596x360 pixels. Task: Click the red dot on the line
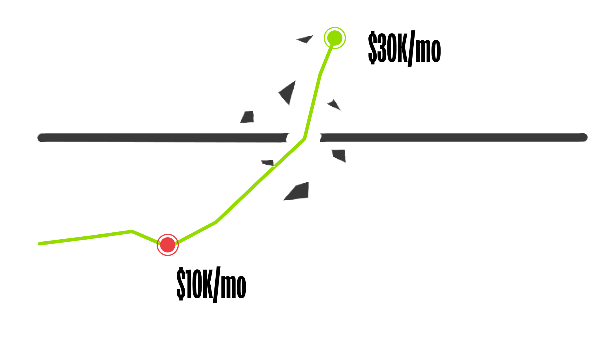pyautogui.click(x=168, y=245)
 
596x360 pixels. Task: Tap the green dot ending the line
pyautogui.click(x=335, y=38)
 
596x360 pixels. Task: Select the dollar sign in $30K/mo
pyautogui.click(x=372, y=47)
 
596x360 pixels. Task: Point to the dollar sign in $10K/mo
pyautogui.click(x=181, y=283)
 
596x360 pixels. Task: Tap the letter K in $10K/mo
pyautogui.click(x=207, y=283)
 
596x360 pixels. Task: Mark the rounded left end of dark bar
pyautogui.click(x=42, y=138)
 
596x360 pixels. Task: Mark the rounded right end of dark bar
pyautogui.click(x=583, y=137)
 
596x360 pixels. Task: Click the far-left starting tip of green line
pyautogui.click(x=39, y=244)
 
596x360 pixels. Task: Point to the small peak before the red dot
pyautogui.click(x=132, y=232)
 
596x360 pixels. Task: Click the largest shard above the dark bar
pyautogui.click(x=288, y=92)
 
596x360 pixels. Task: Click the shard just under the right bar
pyautogui.click(x=339, y=155)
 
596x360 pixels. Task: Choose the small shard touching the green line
pyautogui.click(x=268, y=163)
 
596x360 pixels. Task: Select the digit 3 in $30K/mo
pyautogui.click(x=382, y=47)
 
